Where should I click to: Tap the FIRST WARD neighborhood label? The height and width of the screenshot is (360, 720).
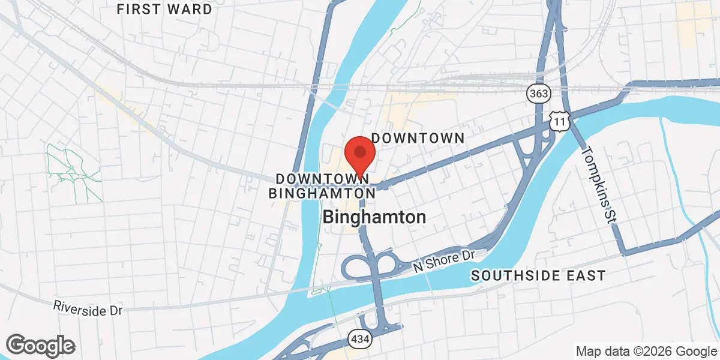click(164, 10)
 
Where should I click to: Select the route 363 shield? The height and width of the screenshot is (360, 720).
click(538, 93)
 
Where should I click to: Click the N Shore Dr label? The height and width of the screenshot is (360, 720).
click(444, 262)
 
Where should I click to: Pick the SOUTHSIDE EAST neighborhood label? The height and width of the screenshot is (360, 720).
click(538, 275)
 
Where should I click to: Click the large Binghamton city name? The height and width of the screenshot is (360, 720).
click(374, 217)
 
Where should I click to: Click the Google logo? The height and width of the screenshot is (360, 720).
click(40, 345)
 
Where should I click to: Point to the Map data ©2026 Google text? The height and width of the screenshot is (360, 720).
click(646, 351)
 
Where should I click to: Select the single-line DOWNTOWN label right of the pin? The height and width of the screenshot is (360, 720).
click(418, 138)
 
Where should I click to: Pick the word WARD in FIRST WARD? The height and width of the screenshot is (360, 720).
click(190, 10)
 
